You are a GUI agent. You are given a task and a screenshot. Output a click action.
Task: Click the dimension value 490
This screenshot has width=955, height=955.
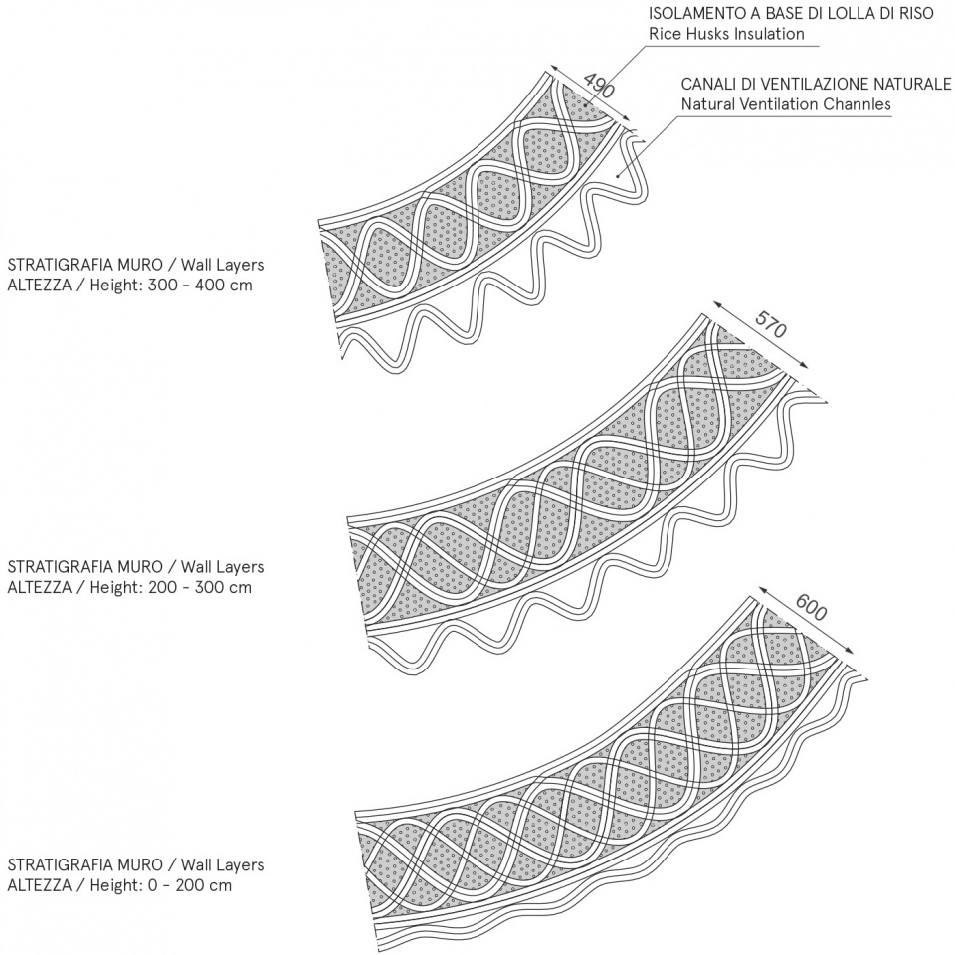click(599, 86)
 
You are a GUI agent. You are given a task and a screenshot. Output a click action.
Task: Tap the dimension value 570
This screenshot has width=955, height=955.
click(770, 324)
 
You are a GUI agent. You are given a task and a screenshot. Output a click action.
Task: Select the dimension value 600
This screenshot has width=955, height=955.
click(812, 607)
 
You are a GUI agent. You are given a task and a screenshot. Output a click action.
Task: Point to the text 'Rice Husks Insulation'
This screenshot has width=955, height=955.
click(726, 34)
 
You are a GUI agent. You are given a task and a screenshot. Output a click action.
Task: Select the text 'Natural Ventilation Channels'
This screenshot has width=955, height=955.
click(786, 104)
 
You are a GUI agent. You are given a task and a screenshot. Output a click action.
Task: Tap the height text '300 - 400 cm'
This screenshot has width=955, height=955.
click(200, 286)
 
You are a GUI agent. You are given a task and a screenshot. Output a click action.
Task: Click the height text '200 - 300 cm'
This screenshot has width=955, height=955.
click(200, 587)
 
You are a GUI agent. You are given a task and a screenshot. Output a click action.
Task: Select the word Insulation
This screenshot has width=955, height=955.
click(769, 34)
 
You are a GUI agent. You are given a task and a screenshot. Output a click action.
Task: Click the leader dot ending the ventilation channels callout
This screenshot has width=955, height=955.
click(618, 177)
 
